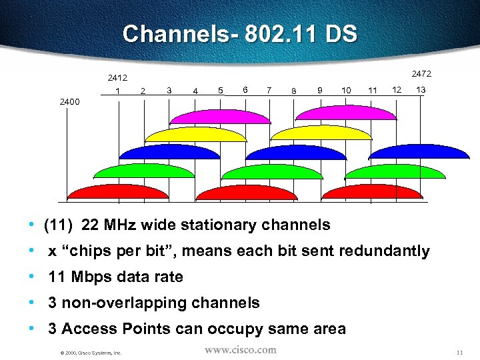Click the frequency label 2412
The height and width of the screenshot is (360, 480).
pos(117,77)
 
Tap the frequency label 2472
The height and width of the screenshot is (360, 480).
pos(421,73)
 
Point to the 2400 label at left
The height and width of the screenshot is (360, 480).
pos(69,102)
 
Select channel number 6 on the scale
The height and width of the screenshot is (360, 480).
pos(246,89)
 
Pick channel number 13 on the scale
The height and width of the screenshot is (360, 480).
pos(421,89)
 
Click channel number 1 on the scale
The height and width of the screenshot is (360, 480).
pos(117,91)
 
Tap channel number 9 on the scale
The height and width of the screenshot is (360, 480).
pos(321,90)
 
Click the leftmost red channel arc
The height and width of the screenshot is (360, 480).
pos(118,193)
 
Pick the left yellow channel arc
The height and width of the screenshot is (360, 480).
pos(195,135)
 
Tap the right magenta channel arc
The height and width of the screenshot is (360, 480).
pos(346,113)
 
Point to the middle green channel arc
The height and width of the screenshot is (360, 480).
pos(271,172)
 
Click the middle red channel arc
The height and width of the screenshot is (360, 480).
pos(245,193)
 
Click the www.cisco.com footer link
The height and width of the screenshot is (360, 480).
pos(240,350)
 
